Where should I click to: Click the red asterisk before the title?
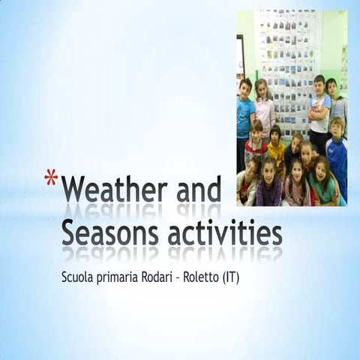click(x=51, y=178)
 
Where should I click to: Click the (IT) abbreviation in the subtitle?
click(x=249, y=277)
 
